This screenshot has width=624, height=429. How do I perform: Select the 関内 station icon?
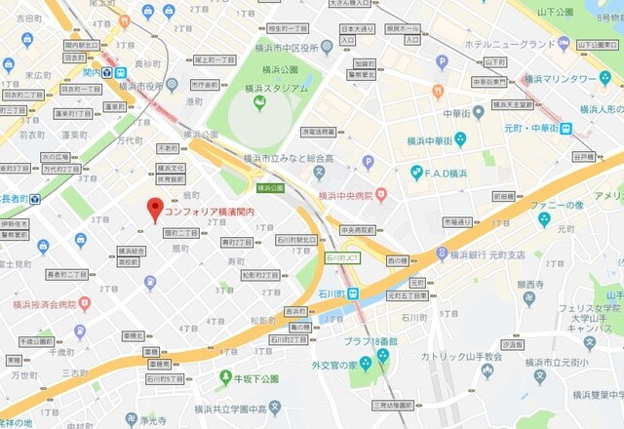click(121, 72)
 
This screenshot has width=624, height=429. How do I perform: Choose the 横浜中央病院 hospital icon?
click(380, 191)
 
